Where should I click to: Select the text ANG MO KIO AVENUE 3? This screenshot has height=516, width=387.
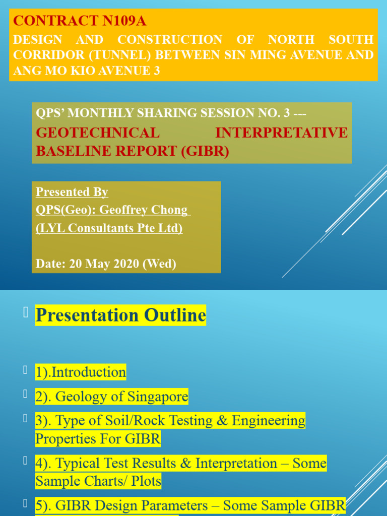pyautogui.click(x=87, y=71)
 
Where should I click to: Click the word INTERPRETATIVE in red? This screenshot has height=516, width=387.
pyautogui.click(x=281, y=133)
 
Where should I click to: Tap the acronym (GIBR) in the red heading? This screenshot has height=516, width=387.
pyautogui.click(x=205, y=151)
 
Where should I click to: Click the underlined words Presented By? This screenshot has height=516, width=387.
pyautogui.click(x=72, y=192)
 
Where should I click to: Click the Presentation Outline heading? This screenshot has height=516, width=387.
pyautogui.click(x=120, y=315)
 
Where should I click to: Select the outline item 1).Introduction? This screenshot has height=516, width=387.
pyautogui.click(x=81, y=372)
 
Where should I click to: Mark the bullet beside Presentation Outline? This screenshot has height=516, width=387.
pyautogui.click(x=25, y=313)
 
